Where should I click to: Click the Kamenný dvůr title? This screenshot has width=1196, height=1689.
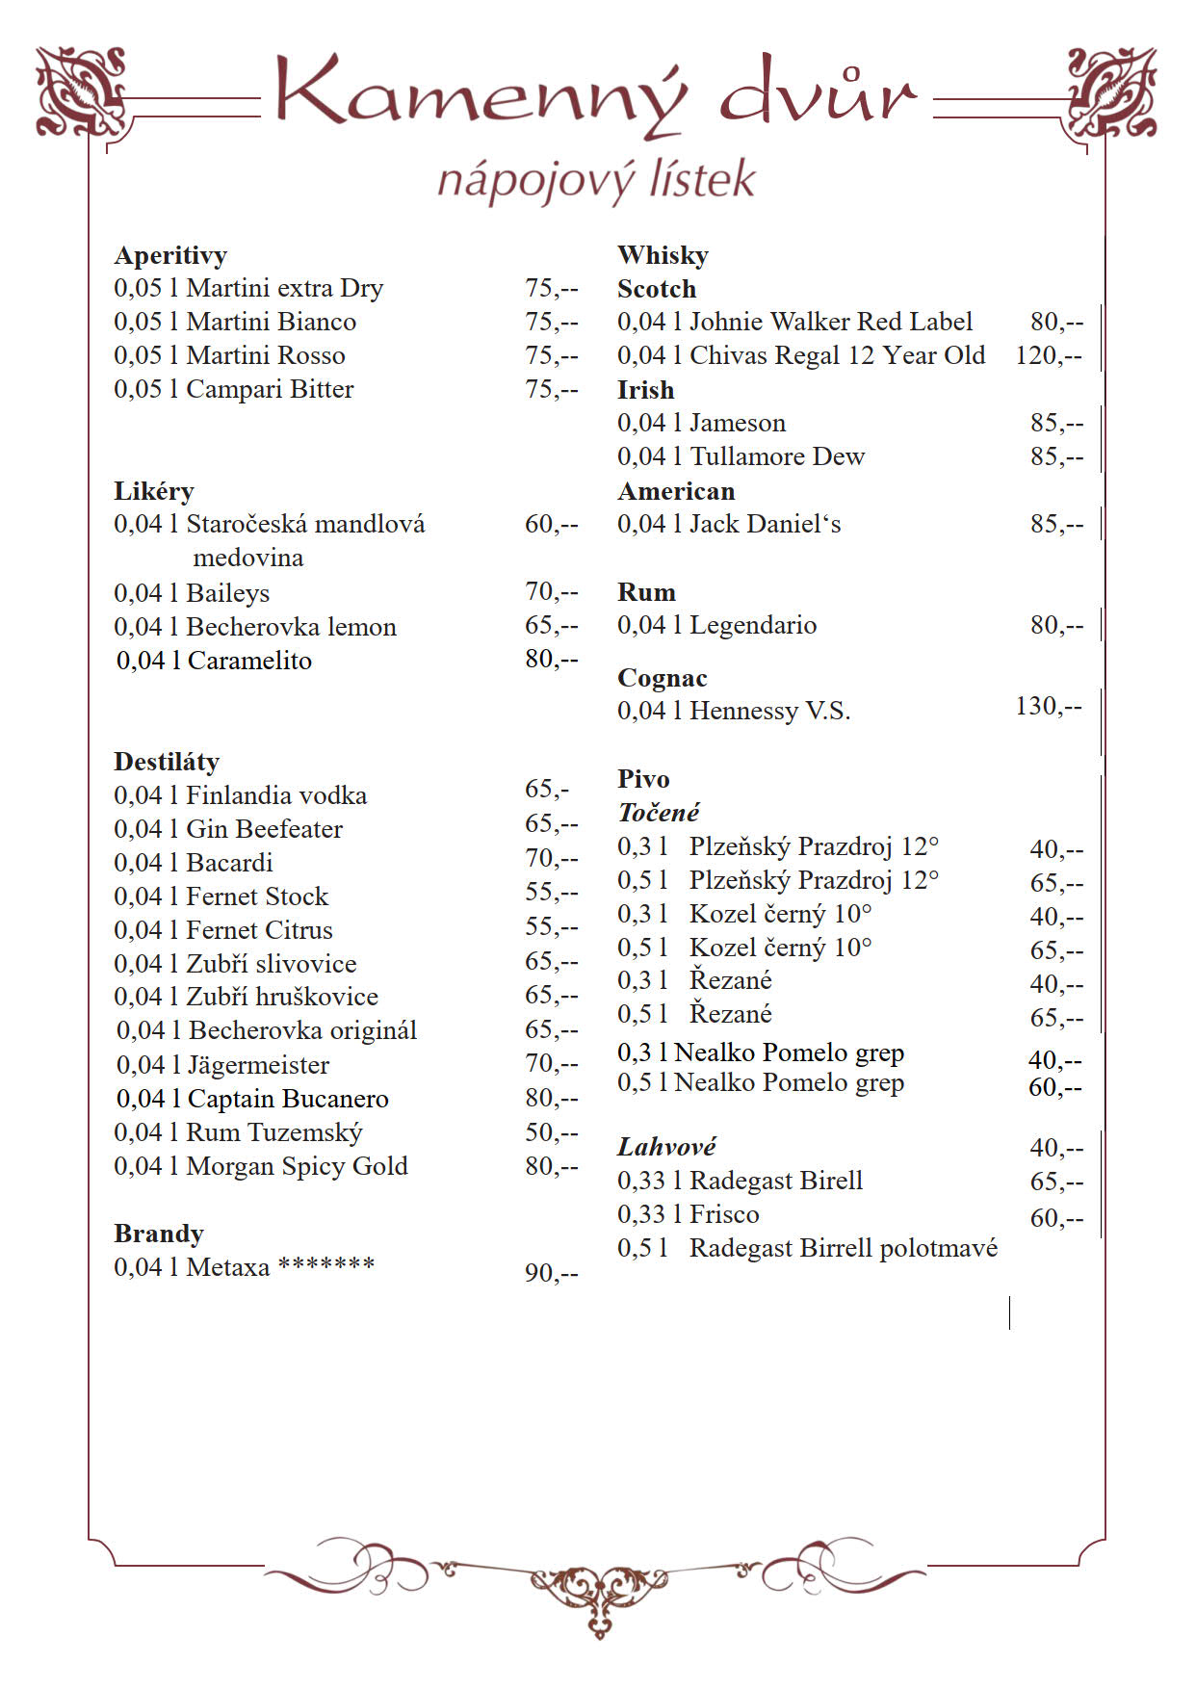point(595,94)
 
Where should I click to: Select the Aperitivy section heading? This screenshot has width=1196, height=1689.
point(170,255)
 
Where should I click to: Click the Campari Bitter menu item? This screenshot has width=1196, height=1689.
point(234,389)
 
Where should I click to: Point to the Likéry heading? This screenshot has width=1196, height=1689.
point(154,491)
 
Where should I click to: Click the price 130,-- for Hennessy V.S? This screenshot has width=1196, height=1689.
point(1049,706)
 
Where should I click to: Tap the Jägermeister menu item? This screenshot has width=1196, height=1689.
point(222,1065)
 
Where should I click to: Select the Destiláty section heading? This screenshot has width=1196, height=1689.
point(167,762)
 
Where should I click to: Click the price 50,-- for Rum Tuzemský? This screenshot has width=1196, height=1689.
point(552,1132)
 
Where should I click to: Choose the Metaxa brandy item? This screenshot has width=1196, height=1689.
point(245,1267)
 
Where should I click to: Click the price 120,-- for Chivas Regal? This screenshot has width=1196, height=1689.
point(1049,355)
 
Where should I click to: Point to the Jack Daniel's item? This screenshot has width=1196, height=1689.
point(729,524)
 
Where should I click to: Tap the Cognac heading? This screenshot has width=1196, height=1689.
point(663,678)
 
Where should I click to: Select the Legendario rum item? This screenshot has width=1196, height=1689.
point(716,625)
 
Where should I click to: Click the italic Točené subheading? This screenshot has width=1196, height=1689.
point(659,813)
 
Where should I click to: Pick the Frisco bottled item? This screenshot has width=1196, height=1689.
point(689,1214)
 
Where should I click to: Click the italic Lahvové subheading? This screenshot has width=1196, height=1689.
point(666,1147)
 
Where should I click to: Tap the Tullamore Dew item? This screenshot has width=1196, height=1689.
point(741,456)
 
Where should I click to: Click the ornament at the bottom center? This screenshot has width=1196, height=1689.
point(597,1589)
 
